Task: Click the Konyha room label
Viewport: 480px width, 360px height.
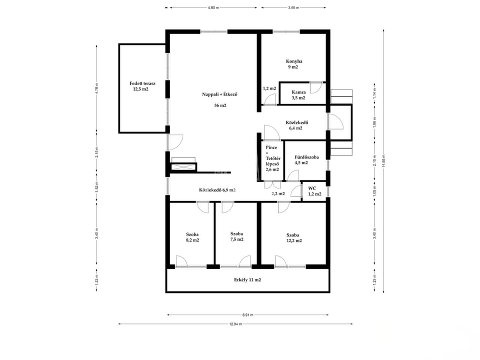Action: click(x=294, y=61)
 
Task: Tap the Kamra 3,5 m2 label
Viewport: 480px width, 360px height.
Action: click(x=298, y=95)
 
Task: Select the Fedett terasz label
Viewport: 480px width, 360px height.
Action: click(x=142, y=84)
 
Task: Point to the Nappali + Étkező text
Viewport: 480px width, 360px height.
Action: click(x=219, y=94)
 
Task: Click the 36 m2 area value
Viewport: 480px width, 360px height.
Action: click(x=220, y=106)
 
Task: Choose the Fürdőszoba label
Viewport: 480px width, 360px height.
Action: click(x=307, y=157)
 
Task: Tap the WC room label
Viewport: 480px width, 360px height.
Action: click(x=312, y=188)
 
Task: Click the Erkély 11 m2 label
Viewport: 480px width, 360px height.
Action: click(x=247, y=280)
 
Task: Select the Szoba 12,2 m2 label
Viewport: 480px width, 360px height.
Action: click(x=294, y=238)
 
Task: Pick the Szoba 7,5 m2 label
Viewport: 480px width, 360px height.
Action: click(x=237, y=237)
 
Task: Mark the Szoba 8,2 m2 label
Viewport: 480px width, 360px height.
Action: click(x=192, y=237)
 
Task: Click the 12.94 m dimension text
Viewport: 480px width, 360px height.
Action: click(x=235, y=324)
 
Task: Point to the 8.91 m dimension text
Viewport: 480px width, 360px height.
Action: click(x=248, y=315)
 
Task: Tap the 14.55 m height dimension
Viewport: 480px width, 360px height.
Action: click(x=384, y=161)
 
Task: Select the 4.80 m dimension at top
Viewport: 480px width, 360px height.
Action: click(x=213, y=7)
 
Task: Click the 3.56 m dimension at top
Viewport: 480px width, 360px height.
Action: click(x=294, y=7)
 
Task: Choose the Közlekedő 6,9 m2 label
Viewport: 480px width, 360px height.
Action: click(x=217, y=190)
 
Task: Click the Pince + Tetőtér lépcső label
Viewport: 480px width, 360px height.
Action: click(x=273, y=158)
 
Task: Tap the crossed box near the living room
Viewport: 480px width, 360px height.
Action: click(x=183, y=167)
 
